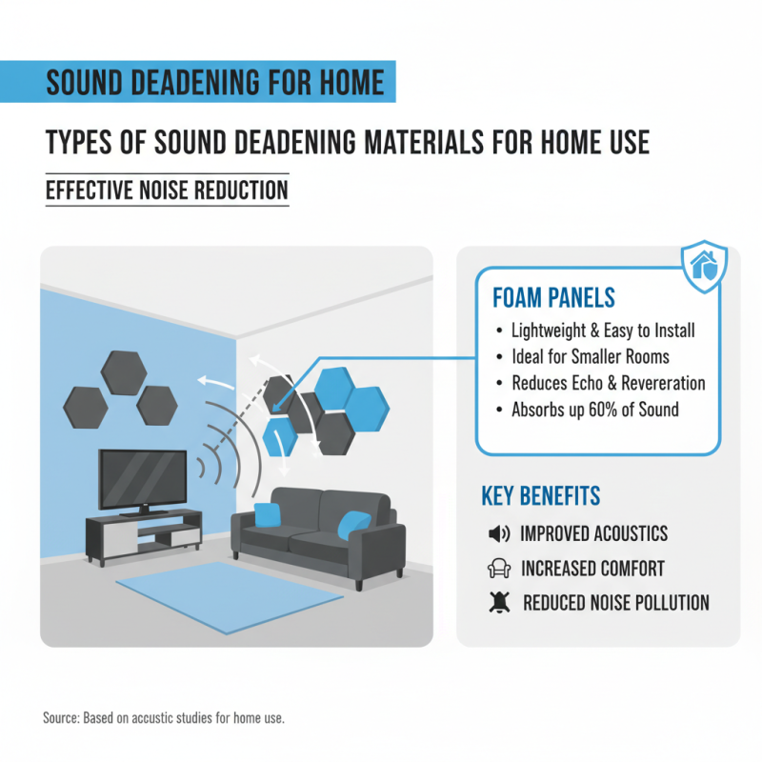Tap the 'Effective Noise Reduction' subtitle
[x=167, y=190]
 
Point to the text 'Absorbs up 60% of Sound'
[x=594, y=410]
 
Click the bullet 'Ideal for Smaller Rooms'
[x=590, y=357]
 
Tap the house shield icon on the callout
[x=705, y=267]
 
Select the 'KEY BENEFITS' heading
[x=540, y=496]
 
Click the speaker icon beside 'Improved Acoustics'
[x=498, y=533]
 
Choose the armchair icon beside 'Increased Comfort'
[x=498, y=569]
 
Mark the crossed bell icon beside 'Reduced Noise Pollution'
[x=498, y=603]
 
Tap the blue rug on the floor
[x=229, y=592]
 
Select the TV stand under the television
[x=144, y=533]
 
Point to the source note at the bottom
[x=164, y=717]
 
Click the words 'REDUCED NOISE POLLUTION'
[x=615, y=603]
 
